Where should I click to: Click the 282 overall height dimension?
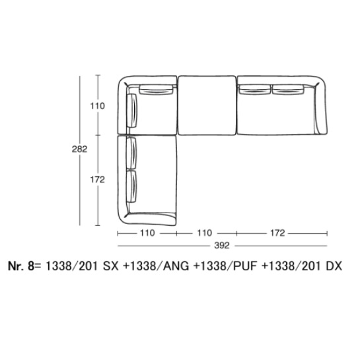pos(79,149)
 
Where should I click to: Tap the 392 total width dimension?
pos(222,246)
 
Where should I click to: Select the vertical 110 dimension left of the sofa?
pos(97,106)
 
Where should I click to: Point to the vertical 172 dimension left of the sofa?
pos(97,180)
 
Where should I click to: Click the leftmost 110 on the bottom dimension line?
pos(147,233)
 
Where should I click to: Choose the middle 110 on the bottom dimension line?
pos(205,233)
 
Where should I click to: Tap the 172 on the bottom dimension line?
pos(277,233)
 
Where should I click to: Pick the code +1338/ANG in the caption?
pos(156,266)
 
